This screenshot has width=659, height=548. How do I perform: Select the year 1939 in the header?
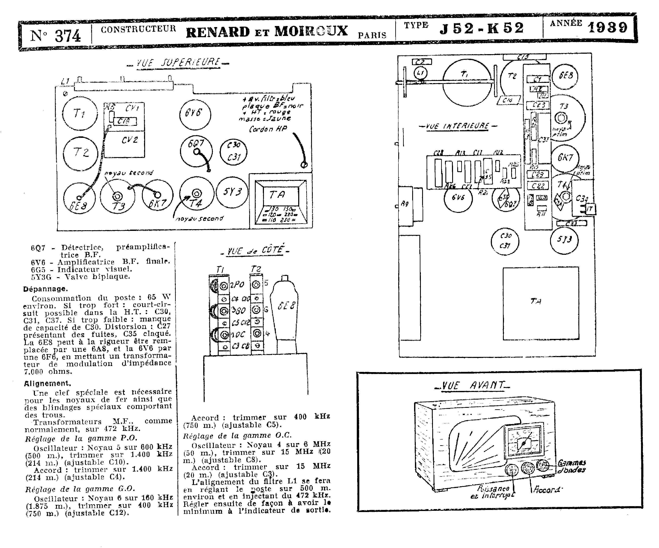pyautogui.click(x=608, y=28)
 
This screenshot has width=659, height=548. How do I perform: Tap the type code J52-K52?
pyautogui.click(x=482, y=29)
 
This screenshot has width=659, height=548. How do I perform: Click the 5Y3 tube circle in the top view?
pyautogui.click(x=232, y=192)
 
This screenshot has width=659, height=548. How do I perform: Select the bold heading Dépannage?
pyautogui.click(x=45, y=289)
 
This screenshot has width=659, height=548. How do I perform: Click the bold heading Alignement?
pyautogui.click(x=47, y=383)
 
